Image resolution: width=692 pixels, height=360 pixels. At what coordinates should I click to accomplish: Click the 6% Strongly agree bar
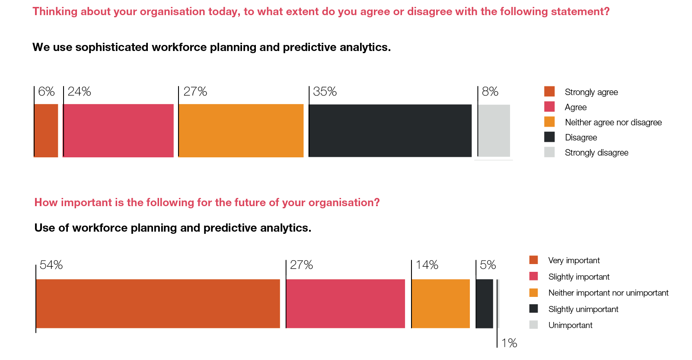point(46,131)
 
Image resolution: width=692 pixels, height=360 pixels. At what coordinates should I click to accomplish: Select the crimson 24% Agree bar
point(118,131)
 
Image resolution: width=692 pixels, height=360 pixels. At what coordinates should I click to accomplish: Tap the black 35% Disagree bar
point(390,131)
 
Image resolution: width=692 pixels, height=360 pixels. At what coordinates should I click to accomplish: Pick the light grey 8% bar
point(494,131)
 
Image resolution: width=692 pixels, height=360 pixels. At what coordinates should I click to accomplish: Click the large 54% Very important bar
point(158,303)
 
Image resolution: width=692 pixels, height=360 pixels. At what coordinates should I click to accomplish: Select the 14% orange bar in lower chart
point(440,303)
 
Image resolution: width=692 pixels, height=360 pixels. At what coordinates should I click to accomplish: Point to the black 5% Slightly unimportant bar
point(484,303)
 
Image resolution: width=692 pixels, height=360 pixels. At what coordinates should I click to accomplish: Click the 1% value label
point(509,343)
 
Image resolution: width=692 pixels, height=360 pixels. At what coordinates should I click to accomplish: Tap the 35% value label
point(325,92)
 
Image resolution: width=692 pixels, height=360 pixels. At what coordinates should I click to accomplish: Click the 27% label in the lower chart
point(301,265)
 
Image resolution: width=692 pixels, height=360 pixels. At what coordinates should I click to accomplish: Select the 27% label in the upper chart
point(195,92)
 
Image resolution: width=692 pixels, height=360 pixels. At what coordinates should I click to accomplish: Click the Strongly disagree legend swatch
point(549,152)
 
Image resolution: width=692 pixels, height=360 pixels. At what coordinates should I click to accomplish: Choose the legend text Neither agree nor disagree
point(613,122)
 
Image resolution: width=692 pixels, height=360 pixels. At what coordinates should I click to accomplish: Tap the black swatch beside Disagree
point(549,137)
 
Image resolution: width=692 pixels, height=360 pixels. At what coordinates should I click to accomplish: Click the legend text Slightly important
point(579,277)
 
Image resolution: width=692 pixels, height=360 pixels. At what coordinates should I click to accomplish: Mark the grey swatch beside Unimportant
point(534,325)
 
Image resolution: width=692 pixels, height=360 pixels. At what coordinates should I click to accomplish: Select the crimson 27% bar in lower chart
point(345,303)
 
